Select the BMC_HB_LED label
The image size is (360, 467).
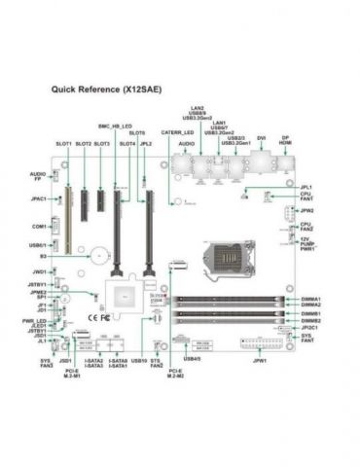(115, 126)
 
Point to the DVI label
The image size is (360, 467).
(262, 138)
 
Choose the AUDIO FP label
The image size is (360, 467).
(38, 176)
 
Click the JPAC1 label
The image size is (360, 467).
(40, 198)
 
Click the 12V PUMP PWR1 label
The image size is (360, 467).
(306, 244)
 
